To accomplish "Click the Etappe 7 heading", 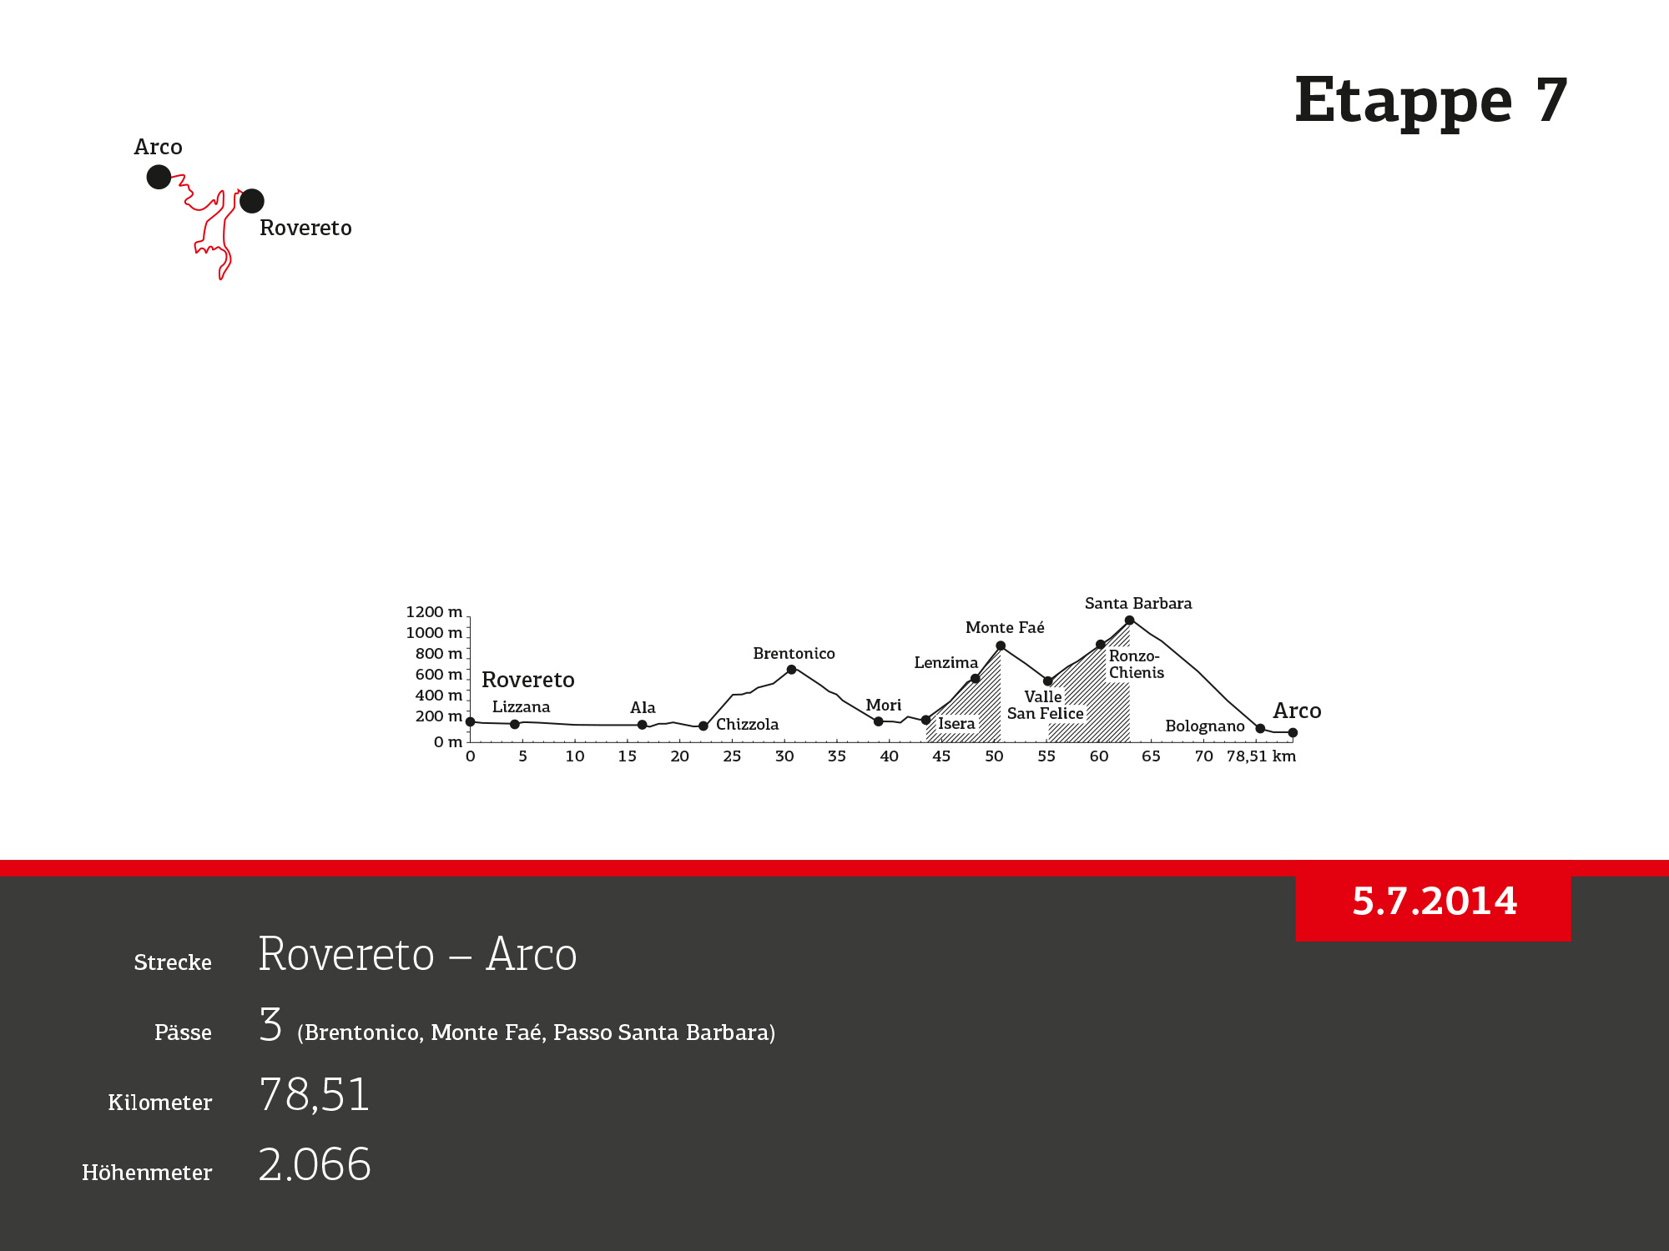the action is (x=1431, y=101).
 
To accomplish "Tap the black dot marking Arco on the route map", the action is (x=159, y=177).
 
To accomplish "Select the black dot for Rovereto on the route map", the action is (x=252, y=201).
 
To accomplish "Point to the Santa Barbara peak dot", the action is (x=1129, y=620).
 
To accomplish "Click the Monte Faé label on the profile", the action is (x=1005, y=628).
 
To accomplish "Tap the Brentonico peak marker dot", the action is (x=791, y=670).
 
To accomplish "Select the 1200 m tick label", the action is (x=434, y=612).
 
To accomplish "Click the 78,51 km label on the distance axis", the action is (x=1261, y=756).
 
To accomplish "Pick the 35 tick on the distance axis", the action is (x=836, y=756).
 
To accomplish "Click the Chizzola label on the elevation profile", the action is (x=747, y=725).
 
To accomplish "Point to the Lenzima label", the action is (x=945, y=663).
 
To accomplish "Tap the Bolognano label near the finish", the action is (x=1205, y=726).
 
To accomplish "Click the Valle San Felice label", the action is (x=1045, y=706).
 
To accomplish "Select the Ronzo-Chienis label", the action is (x=1136, y=665).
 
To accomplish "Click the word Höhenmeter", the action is (x=147, y=1173).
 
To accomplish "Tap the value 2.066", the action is (x=315, y=1164).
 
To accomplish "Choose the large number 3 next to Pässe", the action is (x=270, y=1024).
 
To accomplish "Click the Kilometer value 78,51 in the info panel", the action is (x=315, y=1095).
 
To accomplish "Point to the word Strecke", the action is (x=173, y=962).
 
